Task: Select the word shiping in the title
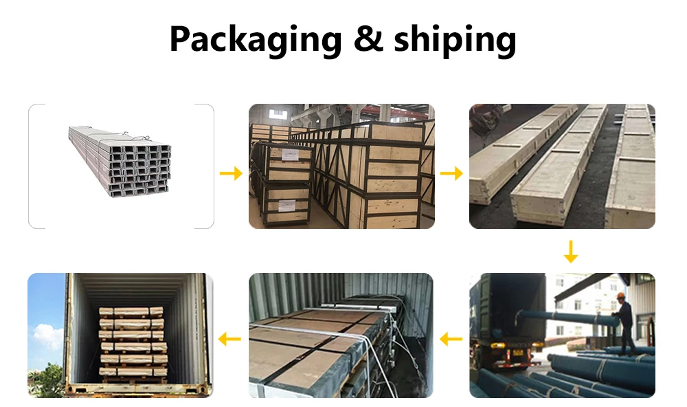(x=454, y=40)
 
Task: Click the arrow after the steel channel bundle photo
(x=231, y=173)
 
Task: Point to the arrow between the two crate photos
(x=451, y=173)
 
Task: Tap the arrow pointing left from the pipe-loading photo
(x=451, y=338)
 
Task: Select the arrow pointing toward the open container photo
(x=231, y=338)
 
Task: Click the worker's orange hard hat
(x=620, y=295)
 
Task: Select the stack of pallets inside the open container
(x=132, y=342)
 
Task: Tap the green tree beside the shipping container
(x=48, y=382)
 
